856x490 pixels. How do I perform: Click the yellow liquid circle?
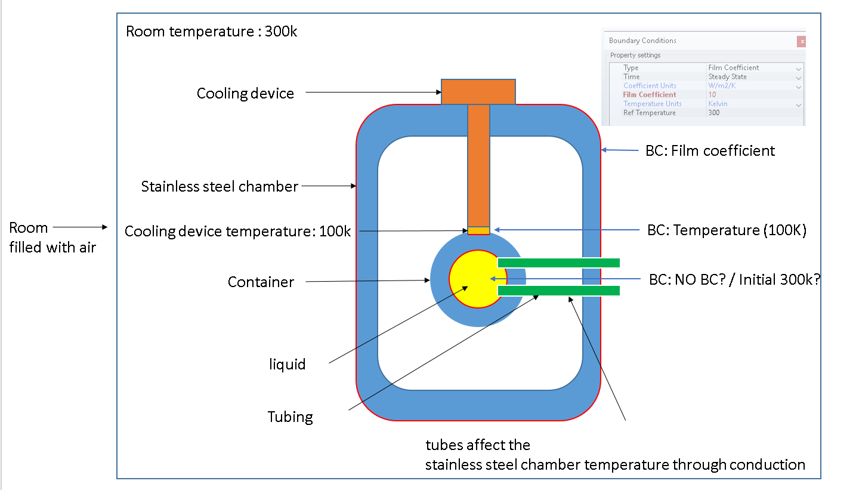click(471, 279)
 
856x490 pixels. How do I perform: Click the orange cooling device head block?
click(478, 91)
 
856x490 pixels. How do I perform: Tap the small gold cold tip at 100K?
click(478, 230)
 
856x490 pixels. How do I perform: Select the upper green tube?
click(558, 263)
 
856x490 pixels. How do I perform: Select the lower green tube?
click(558, 291)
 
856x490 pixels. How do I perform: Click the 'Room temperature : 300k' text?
click(211, 32)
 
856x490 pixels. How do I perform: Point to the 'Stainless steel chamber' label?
click(220, 186)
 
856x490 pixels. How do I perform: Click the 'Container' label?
click(261, 282)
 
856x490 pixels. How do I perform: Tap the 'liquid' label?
click(287, 364)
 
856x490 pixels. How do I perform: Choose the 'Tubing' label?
click(290, 417)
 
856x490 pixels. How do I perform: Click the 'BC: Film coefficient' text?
click(710, 151)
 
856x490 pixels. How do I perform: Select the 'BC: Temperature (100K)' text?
click(727, 230)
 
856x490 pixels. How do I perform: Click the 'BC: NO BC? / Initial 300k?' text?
click(734, 279)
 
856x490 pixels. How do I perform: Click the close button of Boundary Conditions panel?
click(802, 41)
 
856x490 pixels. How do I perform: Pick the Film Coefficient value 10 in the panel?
click(712, 94)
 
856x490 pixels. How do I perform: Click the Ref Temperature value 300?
click(714, 112)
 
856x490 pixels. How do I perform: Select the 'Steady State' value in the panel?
click(727, 76)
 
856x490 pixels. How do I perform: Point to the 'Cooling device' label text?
click(245, 94)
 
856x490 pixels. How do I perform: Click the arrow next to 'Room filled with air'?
click(80, 227)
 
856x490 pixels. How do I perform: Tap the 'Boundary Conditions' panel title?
click(642, 41)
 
